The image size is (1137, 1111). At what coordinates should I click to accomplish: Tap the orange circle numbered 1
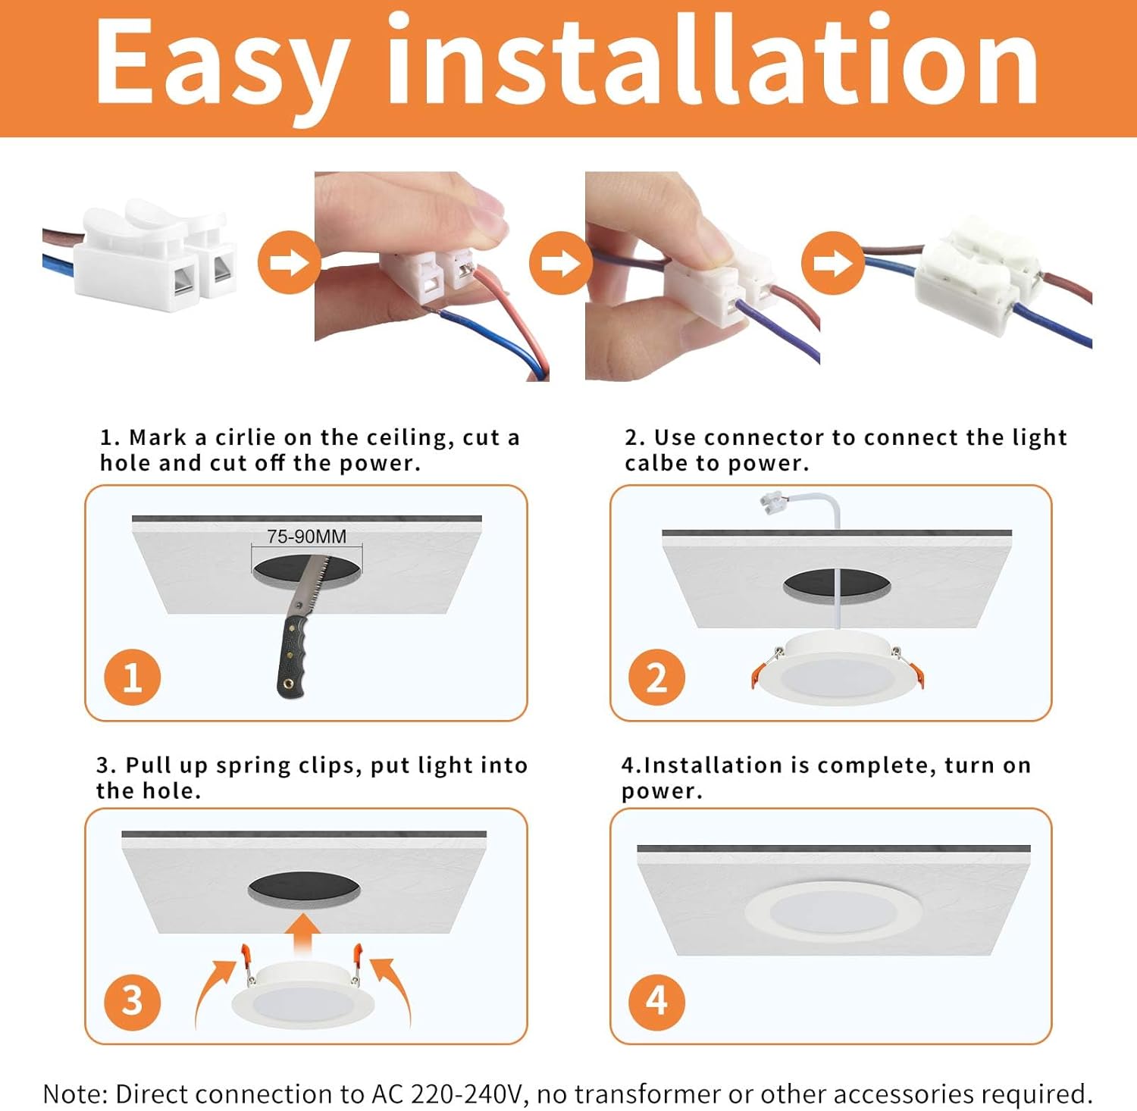click(132, 677)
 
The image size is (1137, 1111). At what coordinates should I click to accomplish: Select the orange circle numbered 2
click(656, 677)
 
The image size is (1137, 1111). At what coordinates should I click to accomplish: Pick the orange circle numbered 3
click(132, 1000)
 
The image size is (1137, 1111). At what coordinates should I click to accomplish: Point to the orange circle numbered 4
click(656, 1000)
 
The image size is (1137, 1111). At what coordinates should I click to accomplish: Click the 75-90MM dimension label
click(306, 537)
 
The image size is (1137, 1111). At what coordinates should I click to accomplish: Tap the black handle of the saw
click(293, 656)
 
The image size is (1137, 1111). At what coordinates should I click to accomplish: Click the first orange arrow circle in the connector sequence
click(288, 263)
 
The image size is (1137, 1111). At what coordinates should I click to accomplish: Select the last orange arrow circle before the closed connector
click(832, 263)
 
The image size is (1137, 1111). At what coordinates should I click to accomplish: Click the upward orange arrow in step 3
click(305, 934)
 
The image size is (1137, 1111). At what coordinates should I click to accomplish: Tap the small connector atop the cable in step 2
click(773, 503)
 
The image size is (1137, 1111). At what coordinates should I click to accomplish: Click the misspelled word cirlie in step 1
click(245, 437)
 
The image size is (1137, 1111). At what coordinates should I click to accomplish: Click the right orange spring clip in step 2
click(916, 673)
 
